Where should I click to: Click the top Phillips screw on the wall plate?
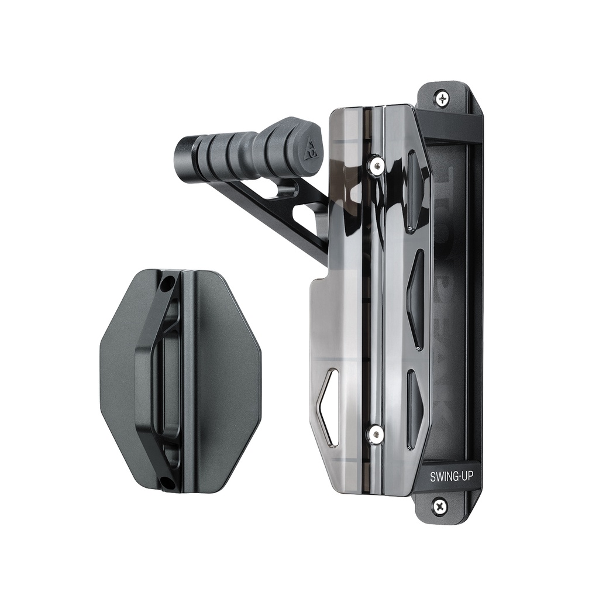[x=442, y=98]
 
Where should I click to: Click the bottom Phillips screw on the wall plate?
[x=440, y=505]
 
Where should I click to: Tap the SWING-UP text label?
[x=452, y=477]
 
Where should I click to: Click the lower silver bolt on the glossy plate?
[x=375, y=433]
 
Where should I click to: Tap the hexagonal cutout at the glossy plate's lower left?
[x=328, y=407]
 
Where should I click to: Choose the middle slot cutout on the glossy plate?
[x=416, y=298]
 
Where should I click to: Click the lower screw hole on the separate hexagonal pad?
[x=167, y=483]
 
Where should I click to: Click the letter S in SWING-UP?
[x=433, y=477]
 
